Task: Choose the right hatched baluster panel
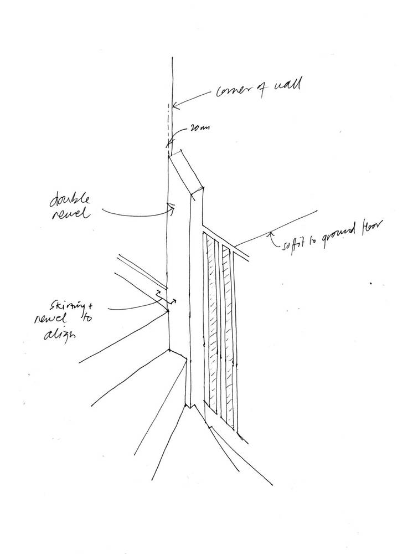pos(226,332)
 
